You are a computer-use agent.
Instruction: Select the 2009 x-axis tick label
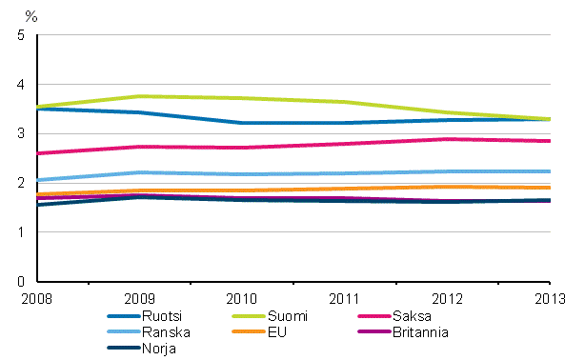[139, 299]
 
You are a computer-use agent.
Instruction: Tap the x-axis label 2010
[242, 299]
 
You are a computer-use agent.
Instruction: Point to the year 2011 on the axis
[345, 299]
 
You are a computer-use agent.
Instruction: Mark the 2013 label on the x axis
[550, 299]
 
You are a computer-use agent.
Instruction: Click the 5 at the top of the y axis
[21, 36]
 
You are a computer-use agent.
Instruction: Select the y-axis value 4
[21, 86]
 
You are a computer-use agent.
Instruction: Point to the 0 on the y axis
[21, 283]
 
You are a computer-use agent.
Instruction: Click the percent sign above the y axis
[30, 16]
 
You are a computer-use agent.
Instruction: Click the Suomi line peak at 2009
[139, 96]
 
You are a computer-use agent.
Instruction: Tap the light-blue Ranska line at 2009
[139, 172]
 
